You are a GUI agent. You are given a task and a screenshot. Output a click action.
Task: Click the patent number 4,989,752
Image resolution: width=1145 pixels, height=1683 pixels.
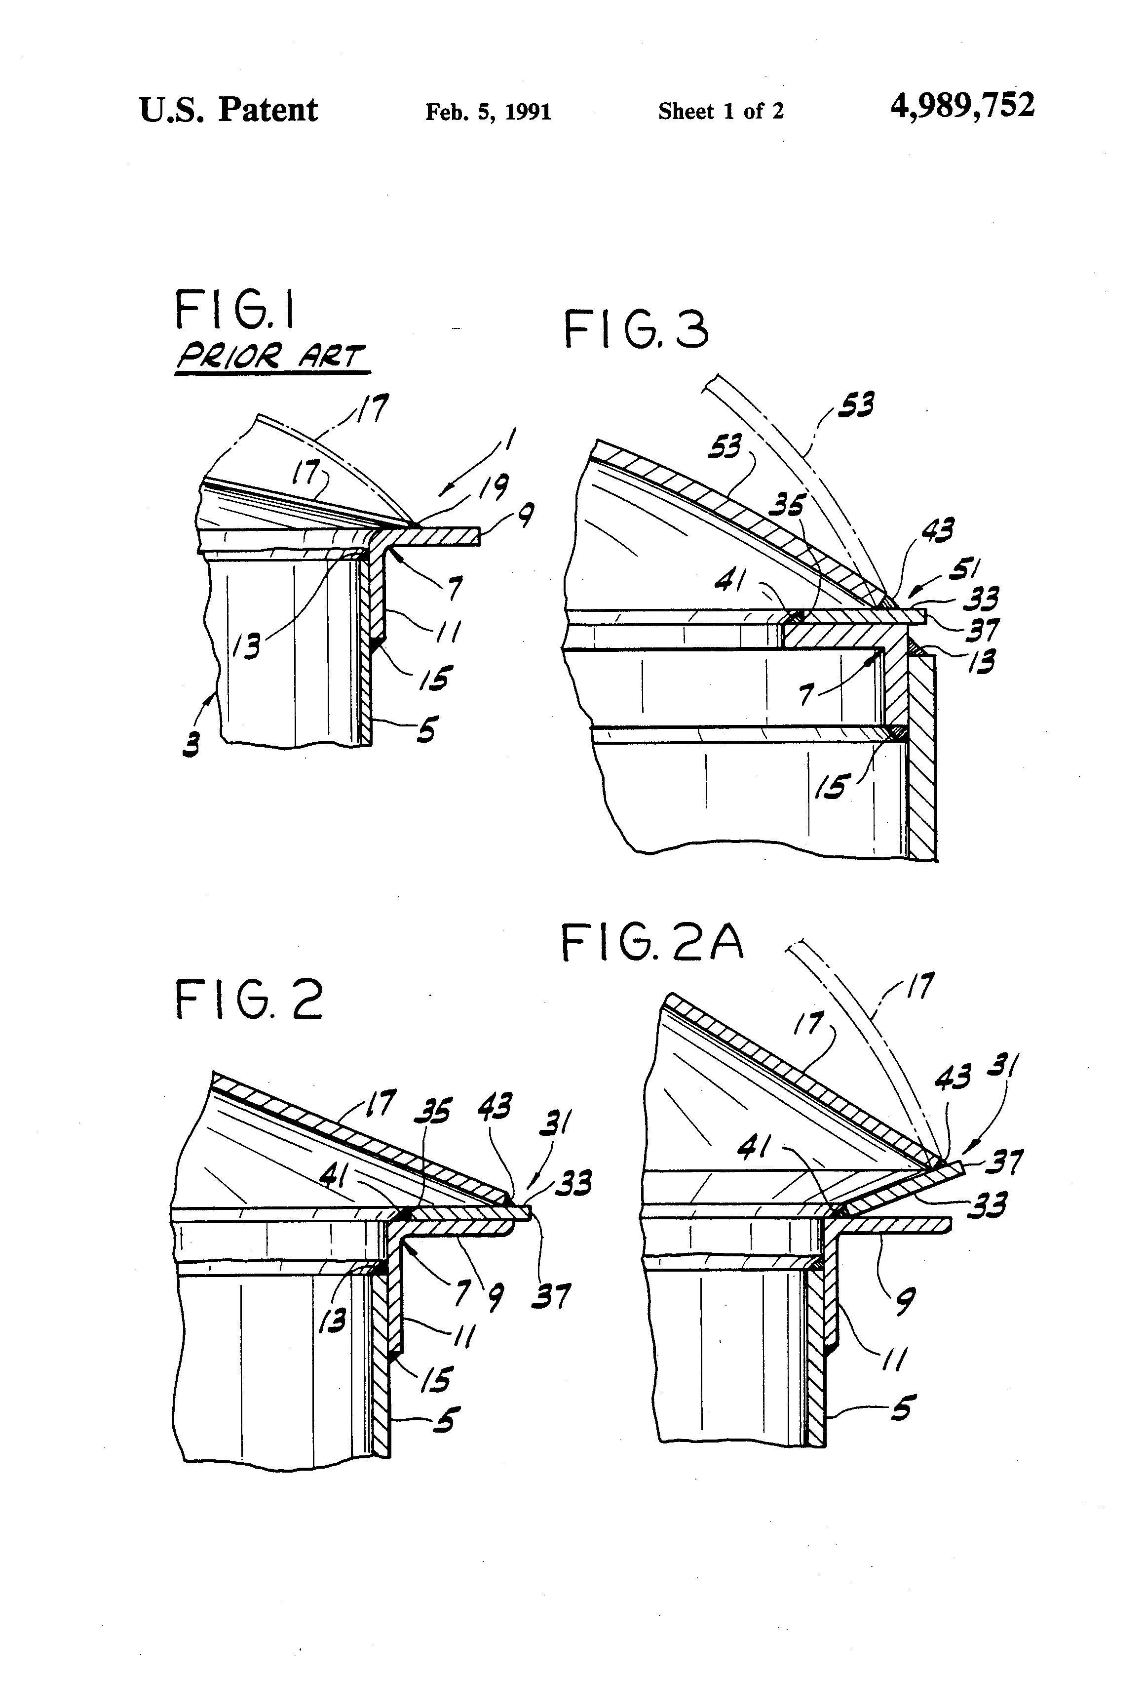point(962,107)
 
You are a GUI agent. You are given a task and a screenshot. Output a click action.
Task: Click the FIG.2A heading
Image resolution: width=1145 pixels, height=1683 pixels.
point(652,944)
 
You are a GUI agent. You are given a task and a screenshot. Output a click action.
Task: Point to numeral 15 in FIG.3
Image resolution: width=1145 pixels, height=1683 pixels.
point(830,785)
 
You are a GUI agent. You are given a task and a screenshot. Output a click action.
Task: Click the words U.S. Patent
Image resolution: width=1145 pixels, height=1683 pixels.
point(229,110)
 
